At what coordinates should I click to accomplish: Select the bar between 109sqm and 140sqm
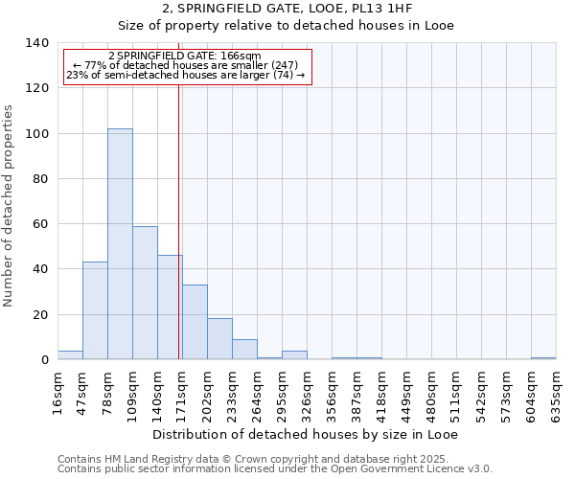coord(145,293)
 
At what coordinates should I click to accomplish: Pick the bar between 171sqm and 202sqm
coord(195,323)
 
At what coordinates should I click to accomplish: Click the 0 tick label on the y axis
coord(44,360)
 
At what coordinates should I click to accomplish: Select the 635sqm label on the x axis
coord(556,392)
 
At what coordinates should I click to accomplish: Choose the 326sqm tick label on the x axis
coord(307,392)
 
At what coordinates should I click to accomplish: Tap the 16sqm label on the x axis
coord(57,392)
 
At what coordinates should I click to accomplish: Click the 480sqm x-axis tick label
coord(431,392)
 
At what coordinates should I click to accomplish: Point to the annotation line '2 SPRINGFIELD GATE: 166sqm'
coord(185,56)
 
